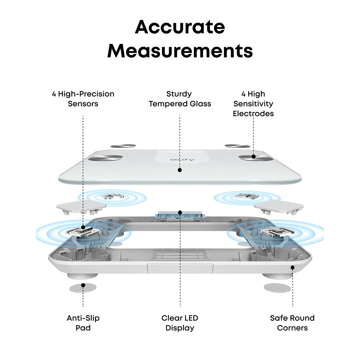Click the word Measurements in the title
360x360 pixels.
(x=180, y=51)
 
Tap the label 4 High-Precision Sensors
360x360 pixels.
(x=83, y=99)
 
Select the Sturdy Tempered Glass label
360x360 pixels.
(x=180, y=99)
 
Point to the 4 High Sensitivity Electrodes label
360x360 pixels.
(x=253, y=104)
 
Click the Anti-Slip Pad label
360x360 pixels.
(x=83, y=323)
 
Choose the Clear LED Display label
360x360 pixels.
(x=180, y=323)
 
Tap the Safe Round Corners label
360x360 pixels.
(x=292, y=323)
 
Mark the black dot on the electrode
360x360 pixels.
(x=254, y=156)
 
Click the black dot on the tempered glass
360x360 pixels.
(x=180, y=170)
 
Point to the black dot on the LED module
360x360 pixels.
(x=180, y=212)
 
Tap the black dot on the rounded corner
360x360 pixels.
(x=292, y=267)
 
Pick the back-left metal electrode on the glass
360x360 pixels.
(x=123, y=146)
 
